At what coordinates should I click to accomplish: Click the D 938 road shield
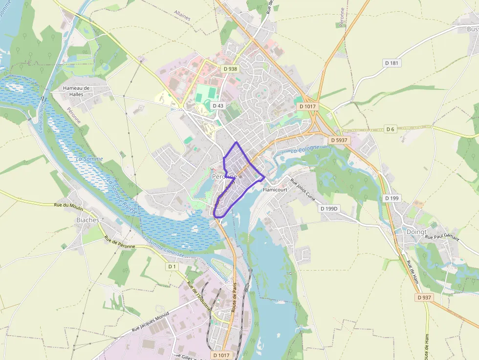[230, 69]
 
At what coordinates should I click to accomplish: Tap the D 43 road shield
[218, 106]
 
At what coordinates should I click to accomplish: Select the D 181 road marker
[392, 63]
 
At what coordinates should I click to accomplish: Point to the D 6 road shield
[390, 129]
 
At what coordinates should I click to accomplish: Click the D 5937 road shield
[339, 140]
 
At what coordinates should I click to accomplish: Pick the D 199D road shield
[329, 208]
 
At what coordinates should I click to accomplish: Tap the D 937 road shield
[425, 297]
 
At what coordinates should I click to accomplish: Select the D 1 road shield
[172, 266]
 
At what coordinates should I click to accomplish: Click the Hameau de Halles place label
[77, 91]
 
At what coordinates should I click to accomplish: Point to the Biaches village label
[88, 220]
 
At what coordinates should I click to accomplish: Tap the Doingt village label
[416, 232]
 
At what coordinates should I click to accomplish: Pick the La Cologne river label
[305, 149]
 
